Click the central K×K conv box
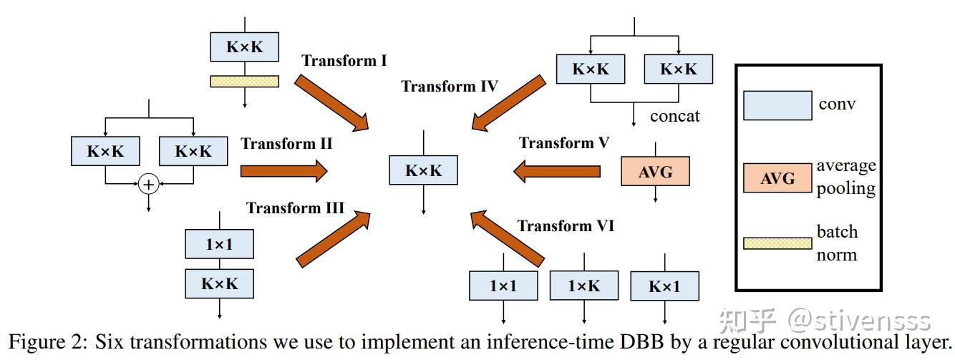pyautogui.click(x=423, y=170)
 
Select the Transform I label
pyautogui.click(x=344, y=60)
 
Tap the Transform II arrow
pyautogui.click(x=283, y=171)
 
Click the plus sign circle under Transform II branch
pyautogui.click(x=148, y=185)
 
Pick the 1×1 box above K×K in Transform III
pyautogui.click(x=219, y=244)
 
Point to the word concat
pyautogui.click(x=674, y=115)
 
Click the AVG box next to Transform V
pyautogui.click(x=655, y=172)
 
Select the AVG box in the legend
pyautogui.click(x=777, y=177)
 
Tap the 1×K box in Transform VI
pyautogui.click(x=583, y=286)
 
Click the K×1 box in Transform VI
pyautogui.click(x=664, y=286)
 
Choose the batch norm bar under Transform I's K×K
pyautogui.click(x=244, y=82)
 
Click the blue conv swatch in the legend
pyautogui.click(x=777, y=105)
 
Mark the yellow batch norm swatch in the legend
pyautogui.click(x=777, y=243)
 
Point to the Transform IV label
pyautogui.click(x=450, y=87)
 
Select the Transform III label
pyautogui.click(x=296, y=208)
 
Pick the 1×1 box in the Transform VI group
pyautogui.click(x=503, y=286)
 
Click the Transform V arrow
pyautogui.click(x=558, y=171)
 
